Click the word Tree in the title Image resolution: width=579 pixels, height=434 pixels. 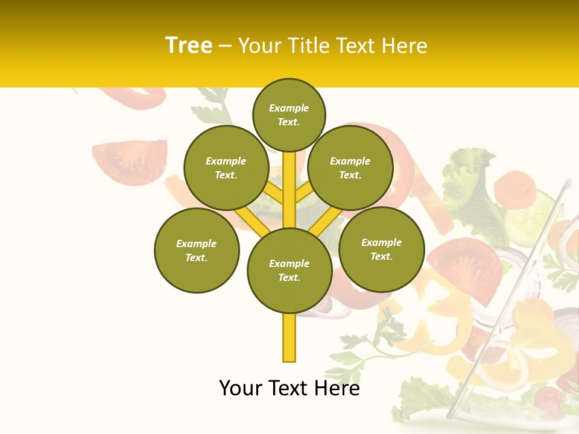[189, 45]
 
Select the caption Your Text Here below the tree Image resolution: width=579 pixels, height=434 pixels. [289, 388]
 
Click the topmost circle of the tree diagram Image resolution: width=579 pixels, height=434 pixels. [289, 115]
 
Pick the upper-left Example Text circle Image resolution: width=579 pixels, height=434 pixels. [226, 168]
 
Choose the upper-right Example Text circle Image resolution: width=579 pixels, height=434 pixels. [350, 168]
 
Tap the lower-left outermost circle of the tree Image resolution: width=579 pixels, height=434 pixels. [197, 250]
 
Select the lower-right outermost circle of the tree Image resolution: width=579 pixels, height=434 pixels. [381, 249]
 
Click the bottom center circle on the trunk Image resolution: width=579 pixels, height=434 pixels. [289, 270]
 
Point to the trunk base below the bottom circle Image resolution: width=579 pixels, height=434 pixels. [289, 338]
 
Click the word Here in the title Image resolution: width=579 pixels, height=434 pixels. [406, 45]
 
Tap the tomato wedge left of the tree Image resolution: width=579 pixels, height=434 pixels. [130, 162]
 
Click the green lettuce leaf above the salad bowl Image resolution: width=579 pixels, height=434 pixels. [473, 181]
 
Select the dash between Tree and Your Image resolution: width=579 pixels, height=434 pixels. [225, 46]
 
